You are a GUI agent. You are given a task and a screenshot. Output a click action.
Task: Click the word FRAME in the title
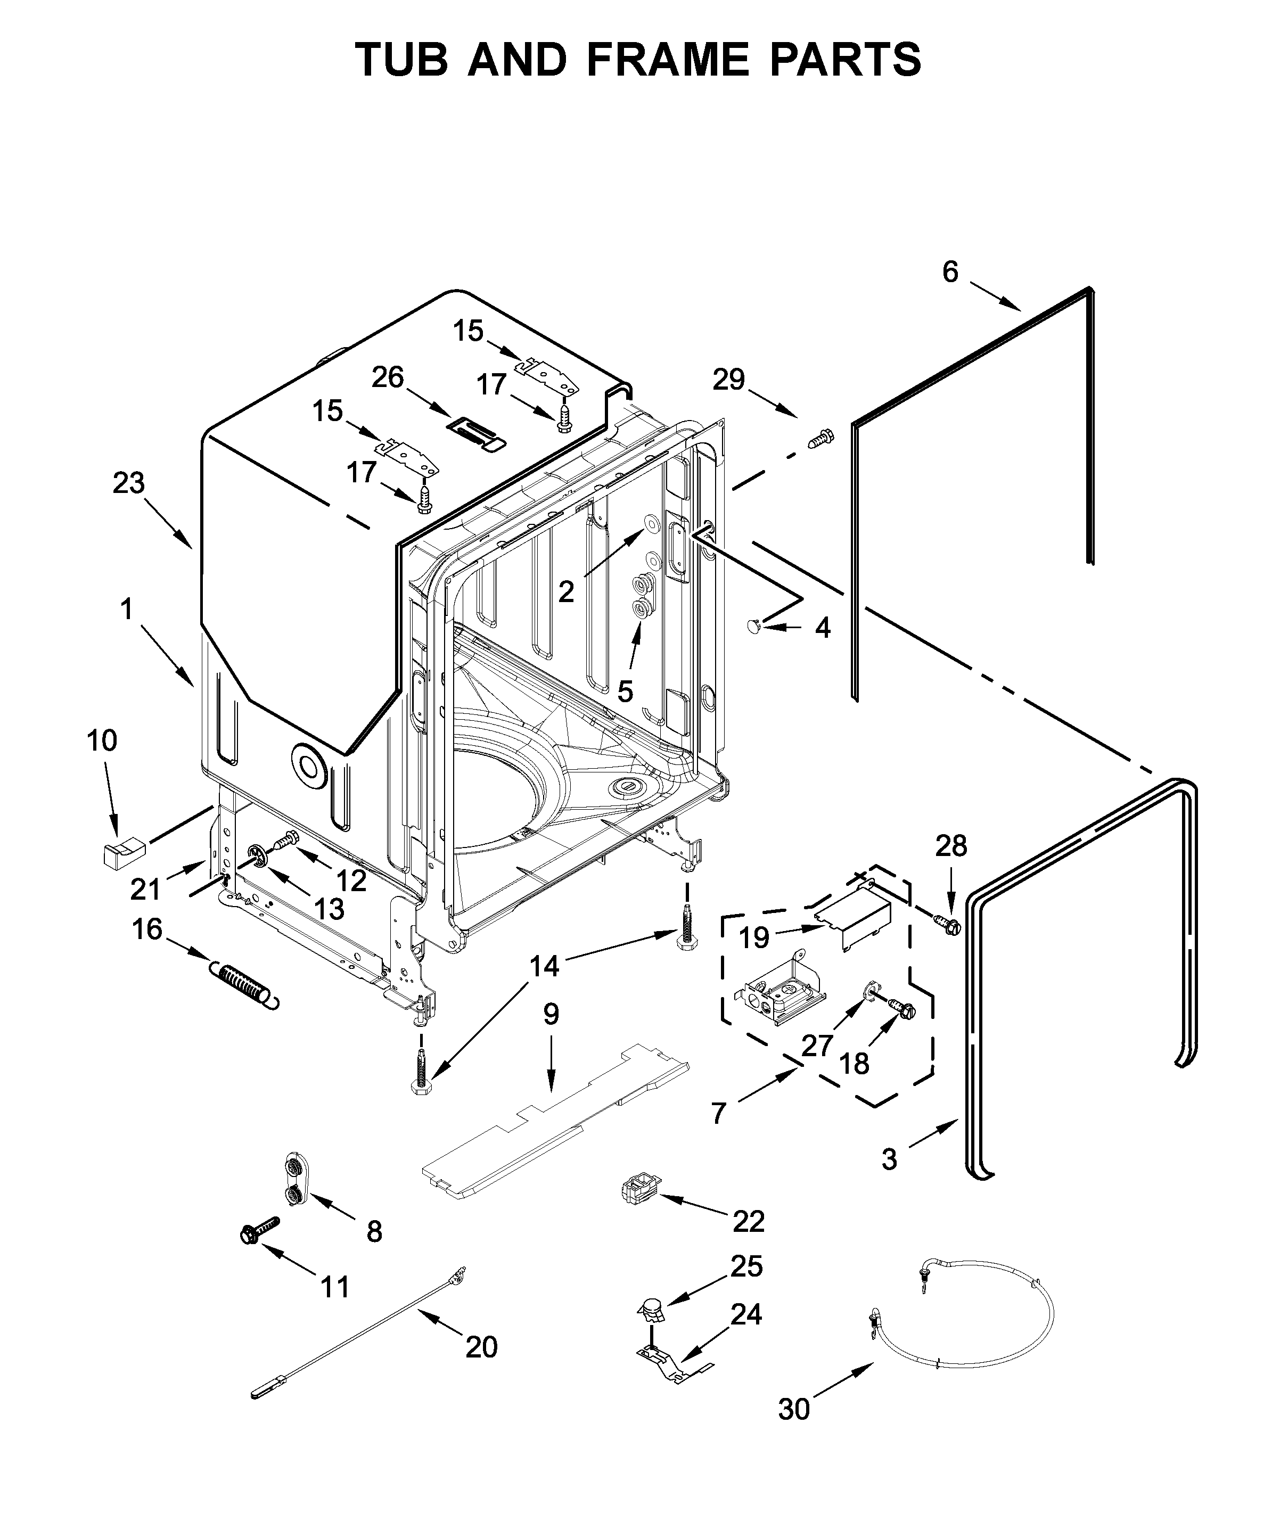point(667,60)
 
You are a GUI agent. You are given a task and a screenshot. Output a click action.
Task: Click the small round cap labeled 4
point(754,624)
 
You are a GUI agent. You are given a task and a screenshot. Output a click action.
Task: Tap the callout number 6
point(950,272)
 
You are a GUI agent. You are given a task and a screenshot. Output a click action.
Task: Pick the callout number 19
point(754,938)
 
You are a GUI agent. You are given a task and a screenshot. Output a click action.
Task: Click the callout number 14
point(544,966)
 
